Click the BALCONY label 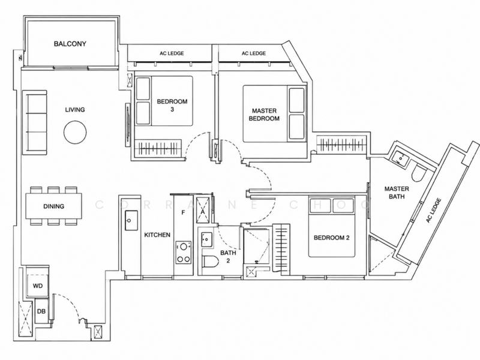point(70,44)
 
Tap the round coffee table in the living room point(75,132)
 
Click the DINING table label point(54,206)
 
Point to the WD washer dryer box point(38,286)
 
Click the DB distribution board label point(41,311)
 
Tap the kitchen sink point(131,220)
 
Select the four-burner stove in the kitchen point(184,253)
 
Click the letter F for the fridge point(184,212)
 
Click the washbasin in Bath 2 point(207,239)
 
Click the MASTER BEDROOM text point(264,115)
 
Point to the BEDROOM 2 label point(332,238)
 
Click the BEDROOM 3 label point(172,106)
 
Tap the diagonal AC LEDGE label point(434,211)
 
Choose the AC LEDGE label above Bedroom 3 point(172,53)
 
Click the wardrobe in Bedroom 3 point(158,148)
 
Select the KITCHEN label point(157,235)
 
